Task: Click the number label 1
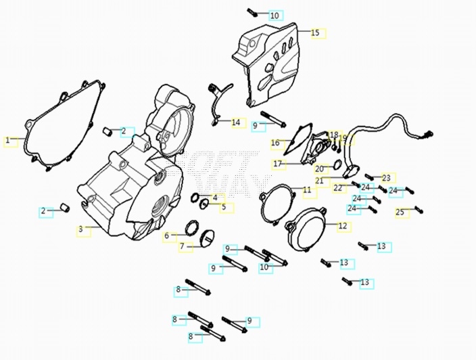pos(8,141)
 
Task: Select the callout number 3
pos(80,230)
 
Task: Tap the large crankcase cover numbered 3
pos(128,196)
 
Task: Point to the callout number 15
pos(314,32)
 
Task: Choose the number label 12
pos(342,226)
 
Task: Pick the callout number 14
pos(236,122)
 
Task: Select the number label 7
pos(183,246)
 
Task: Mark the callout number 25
pos(400,212)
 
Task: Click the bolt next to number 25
pos(418,209)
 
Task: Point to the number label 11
pos(307,190)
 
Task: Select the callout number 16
pos(275,143)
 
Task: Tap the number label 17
pos(277,164)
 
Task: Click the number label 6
pos(166,236)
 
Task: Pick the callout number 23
pos(386,178)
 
